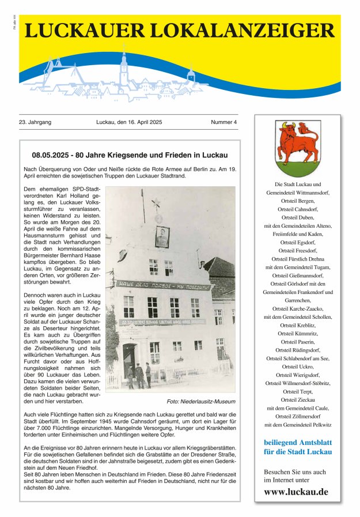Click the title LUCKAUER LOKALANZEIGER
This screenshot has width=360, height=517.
(179, 31)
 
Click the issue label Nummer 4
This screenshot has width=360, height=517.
(223, 122)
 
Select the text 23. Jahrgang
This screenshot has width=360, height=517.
(35, 122)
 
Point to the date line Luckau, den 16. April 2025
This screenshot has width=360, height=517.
(129, 122)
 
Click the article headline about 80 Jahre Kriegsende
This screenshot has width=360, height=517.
(130, 155)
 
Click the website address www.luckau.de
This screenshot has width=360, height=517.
(297, 492)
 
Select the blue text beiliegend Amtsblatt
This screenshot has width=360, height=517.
(297, 442)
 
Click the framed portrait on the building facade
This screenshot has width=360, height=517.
(162, 237)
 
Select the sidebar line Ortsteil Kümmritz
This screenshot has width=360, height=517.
(297, 333)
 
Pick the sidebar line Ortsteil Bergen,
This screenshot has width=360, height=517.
(297, 200)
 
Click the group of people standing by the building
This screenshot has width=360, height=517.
(140, 375)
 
